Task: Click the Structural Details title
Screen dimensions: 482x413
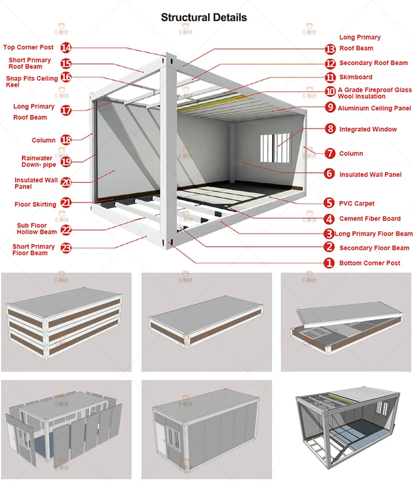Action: [x=204, y=18]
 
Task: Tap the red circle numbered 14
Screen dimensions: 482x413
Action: [x=66, y=47]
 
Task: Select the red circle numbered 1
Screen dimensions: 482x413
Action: [x=329, y=263]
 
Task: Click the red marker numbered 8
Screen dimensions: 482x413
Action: [x=330, y=129]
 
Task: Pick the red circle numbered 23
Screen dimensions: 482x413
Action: [x=66, y=248]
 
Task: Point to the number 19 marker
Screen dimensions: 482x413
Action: [x=66, y=161]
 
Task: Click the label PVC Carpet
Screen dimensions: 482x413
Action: [x=357, y=203]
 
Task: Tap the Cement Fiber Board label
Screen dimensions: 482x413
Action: [x=369, y=219]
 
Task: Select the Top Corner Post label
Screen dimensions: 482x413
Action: [x=28, y=47]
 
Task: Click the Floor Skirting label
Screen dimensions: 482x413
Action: [x=35, y=204]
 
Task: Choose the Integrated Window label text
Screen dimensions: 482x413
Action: [x=368, y=129]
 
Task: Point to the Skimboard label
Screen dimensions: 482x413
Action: [x=356, y=77]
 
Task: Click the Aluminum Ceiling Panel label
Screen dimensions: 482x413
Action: [x=374, y=108]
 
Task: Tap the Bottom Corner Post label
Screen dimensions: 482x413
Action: [x=369, y=263]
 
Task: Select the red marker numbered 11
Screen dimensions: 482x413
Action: [x=330, y=78]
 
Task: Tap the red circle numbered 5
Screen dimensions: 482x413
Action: [x=329, y=203]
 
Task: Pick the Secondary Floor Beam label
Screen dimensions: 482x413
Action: [x=374, y=248]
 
